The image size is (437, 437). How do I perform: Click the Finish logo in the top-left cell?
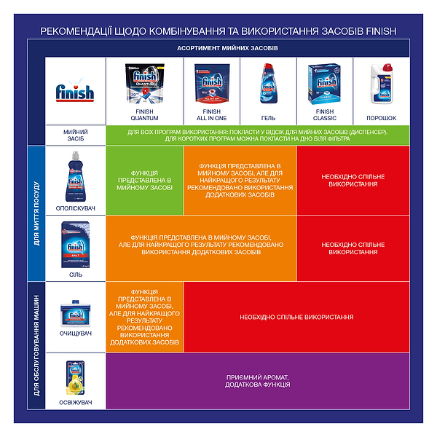point(74,92)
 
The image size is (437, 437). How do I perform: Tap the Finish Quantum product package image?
point(143,83)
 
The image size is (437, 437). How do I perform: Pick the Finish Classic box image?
point(324,85)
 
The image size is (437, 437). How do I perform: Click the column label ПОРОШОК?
point(381,117)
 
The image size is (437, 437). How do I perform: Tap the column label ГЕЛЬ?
point(267,117)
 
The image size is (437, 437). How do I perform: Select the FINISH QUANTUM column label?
point(143,114)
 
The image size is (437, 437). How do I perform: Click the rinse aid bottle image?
point(74,177)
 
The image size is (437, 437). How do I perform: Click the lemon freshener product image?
point(74,377)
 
